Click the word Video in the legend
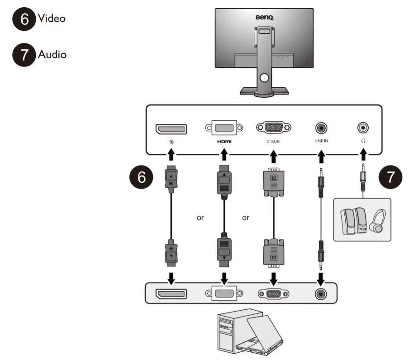[x=52, y=19]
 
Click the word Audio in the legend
[x=52, y=55]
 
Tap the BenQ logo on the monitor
[x=265, y=18]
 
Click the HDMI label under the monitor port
[x=224, y=141]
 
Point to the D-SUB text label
[x=273, y=141]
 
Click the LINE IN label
[x=321, y=141]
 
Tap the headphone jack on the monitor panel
[x=363, y=128]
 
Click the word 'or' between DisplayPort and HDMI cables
[x=200, y=218]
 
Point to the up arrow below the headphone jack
[x=363, y=155]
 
